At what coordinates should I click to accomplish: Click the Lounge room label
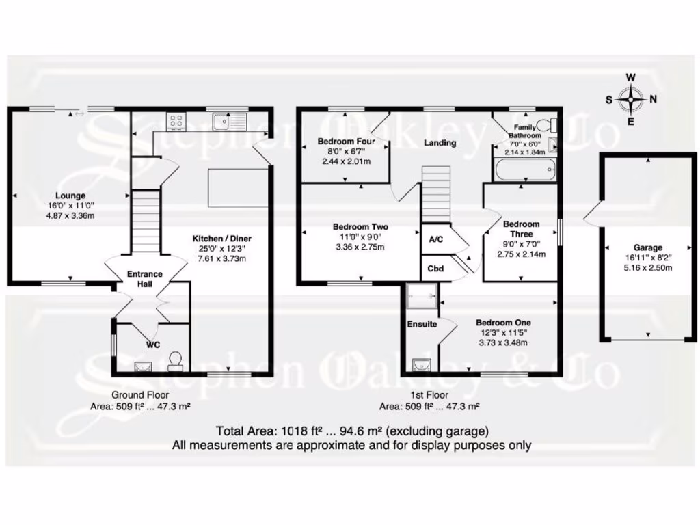click(70, 196)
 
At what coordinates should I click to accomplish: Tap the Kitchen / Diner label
click(221, 239)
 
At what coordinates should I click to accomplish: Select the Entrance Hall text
click(144, 279)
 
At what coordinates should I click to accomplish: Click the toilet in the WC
click(176, 360)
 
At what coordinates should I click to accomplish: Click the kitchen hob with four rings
click(176, 122)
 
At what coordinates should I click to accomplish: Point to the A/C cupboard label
click(435, 240)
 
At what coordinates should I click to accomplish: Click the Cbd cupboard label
click(435, 269)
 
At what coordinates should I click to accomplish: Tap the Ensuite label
click(422, 324)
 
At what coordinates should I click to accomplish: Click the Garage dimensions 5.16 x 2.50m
click(647, 268)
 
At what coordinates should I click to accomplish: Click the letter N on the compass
click(654, 99)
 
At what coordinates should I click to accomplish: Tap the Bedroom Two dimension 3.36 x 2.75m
click(360, 247)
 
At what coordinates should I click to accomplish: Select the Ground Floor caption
click(140, 395)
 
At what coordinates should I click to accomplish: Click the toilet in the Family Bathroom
click(545, 125)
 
